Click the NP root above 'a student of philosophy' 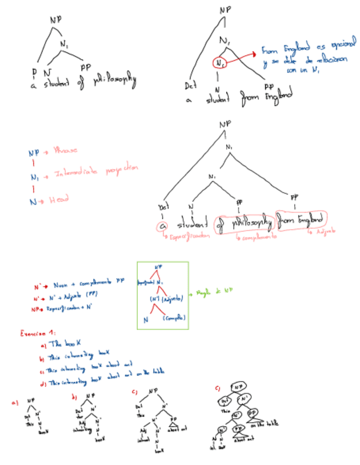(x=55, y=20)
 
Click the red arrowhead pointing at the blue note (x=256, y=53)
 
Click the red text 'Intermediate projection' (x=93, y=171)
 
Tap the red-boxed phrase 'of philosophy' (x=245, y=223)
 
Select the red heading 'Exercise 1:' (x=33, y=333)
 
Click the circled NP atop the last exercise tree (x=238, y=388)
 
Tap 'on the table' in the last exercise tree (x=266, y=424)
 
